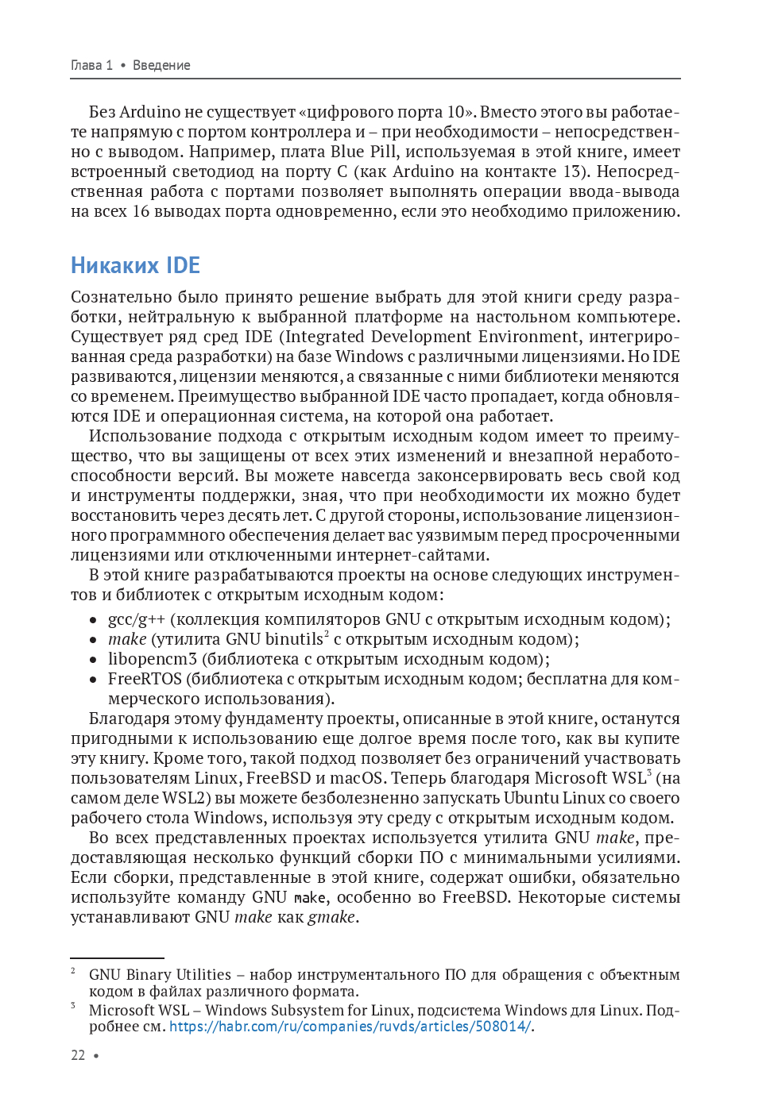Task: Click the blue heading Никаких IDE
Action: [x=135, y=265]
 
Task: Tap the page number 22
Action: [x=78, y=1055]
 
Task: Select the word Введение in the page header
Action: [x=161, y=65]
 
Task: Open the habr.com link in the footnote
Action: [x=350, y=1027]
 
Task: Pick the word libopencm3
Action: [x=153, y=660]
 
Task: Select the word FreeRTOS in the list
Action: [x=145, y=680]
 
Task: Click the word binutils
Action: [x=294, y=640]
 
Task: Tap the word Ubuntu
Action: [x=531, y=798]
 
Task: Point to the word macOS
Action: [x=357, y=778]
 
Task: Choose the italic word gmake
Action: [x=331, y=918]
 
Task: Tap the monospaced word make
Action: [x=310, y=898]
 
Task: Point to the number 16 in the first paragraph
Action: [x=141, y=211]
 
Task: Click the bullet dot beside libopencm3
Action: [x=93, y=660]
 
